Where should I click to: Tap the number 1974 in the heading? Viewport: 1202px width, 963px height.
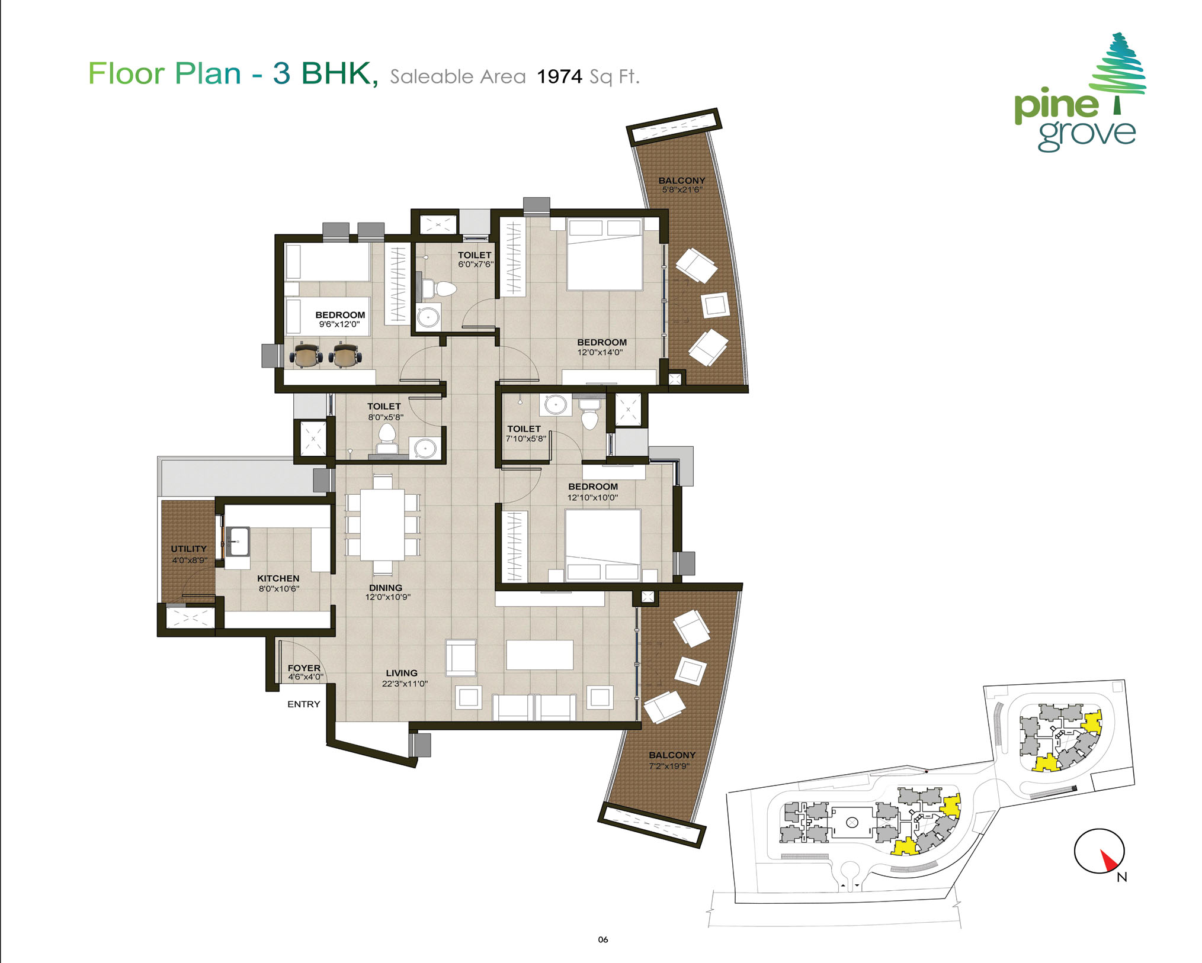pyautogui.click(x=559, y=76)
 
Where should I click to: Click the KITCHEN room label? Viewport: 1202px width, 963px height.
pyautogui.click(x=278, y=578)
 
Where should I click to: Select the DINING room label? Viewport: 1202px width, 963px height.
pyautogui.click(x=386, y=588)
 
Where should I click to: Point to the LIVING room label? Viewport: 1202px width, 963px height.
pyautogui.click(x=402, y=673)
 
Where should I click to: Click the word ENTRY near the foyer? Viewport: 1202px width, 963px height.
pyautogui.click(x=304, y=704)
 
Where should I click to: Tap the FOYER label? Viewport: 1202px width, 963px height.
pyautogui.click(x=304, y=668)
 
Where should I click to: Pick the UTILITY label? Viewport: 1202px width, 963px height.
pyautogui.click(x=189, y=549)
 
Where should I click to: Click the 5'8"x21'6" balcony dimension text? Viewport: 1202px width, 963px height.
pyautogui.click(x=682, y=190)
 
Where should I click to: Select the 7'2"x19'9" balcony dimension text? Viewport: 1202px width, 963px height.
pyautogui.click(x=669, y=766)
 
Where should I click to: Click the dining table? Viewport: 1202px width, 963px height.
pyautogui.click(x=383, y=524)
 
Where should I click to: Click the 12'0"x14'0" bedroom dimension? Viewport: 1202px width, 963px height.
pyautogui.click(x=600, y=353)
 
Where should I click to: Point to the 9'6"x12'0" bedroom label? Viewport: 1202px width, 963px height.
pyautogui.click(x=339, y=324)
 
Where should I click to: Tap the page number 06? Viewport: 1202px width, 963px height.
pyautogui.click(x=603, y=939)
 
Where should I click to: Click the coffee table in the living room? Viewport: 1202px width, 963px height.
pyautogui.click(x=540, y=655)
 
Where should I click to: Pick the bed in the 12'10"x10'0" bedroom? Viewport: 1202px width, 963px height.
pyautogui.click(x=602, y=545)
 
